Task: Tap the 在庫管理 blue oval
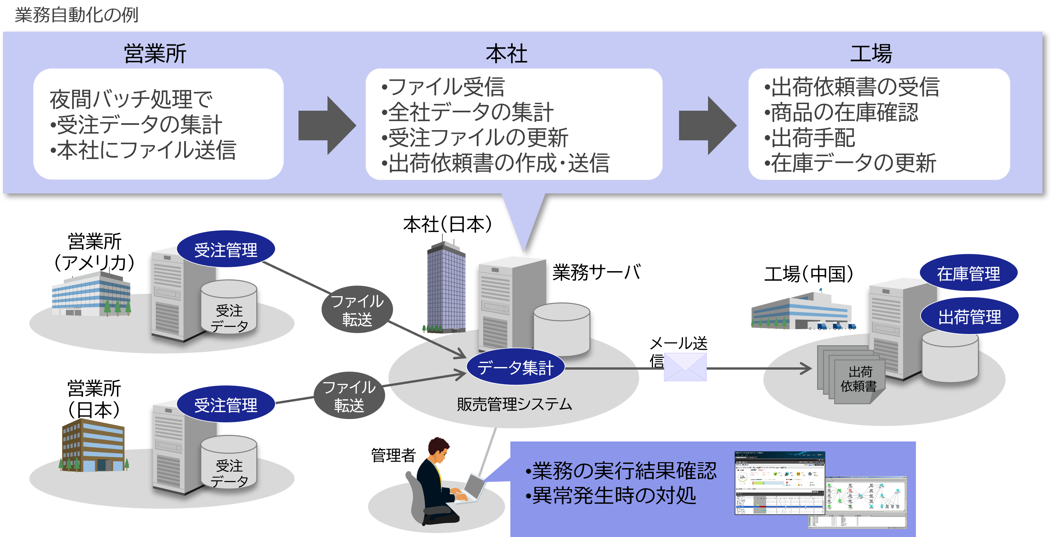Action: [x=968, y=273]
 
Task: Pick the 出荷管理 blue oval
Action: [x=970, y=317]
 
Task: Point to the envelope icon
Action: [x=685, y=367]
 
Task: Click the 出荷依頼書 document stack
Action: [x=851, y=376]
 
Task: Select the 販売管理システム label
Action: [x=514, y=404]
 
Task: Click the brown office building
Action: [x=94, y=445]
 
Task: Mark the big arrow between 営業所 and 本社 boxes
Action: [x=327, y=126]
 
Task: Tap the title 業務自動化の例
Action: [x=76, y=15]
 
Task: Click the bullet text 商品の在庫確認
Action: [x=844, y=112]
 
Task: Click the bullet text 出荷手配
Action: [x=813, y=138]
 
